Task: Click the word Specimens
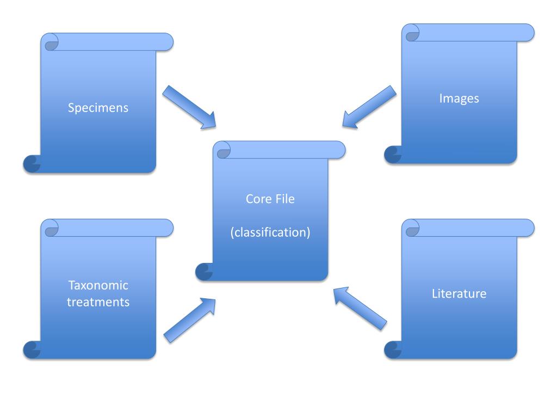[x=98, y=108]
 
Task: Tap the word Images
[x=459, y=99]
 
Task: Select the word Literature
[x=459, y=294]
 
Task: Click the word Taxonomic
[x=98, y=285]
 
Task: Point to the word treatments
[x=98, y=302]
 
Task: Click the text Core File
[x=270, y=199]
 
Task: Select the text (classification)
[x=270, y=232]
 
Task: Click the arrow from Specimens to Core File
[x=189, y=107]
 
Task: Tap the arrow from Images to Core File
[x=369, y=107]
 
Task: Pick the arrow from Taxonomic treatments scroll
[x=189, y=321]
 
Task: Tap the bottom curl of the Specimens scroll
[x=32, y=164]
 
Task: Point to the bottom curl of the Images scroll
[x=393, y=155]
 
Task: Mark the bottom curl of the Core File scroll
[x=204, y=272]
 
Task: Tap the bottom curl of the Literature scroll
[x=393, y=350]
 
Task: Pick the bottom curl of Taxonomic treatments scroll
[x=32, y=350]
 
